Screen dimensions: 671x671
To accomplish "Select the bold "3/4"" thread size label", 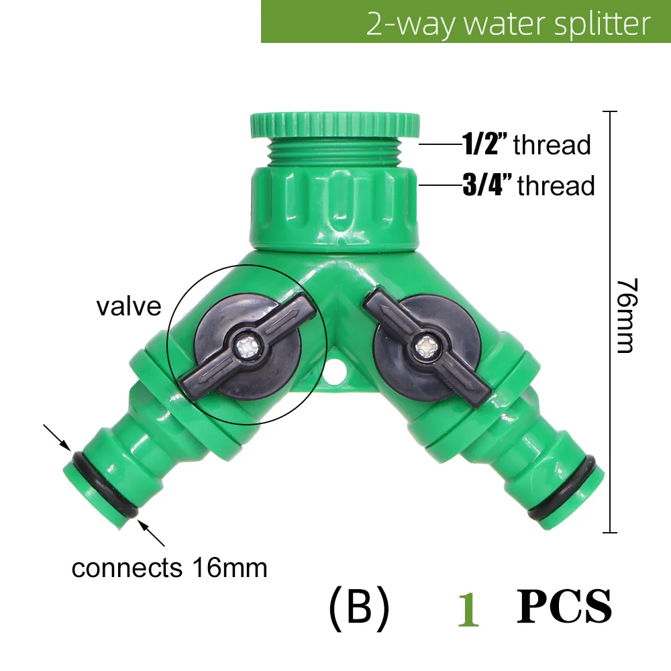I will [x=488, y=185].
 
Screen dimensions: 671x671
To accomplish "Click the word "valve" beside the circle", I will [x=129, y=306].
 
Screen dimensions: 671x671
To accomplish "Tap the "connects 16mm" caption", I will [x=169, y=568].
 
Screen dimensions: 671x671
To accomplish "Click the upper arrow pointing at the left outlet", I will [x=58, y=437].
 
